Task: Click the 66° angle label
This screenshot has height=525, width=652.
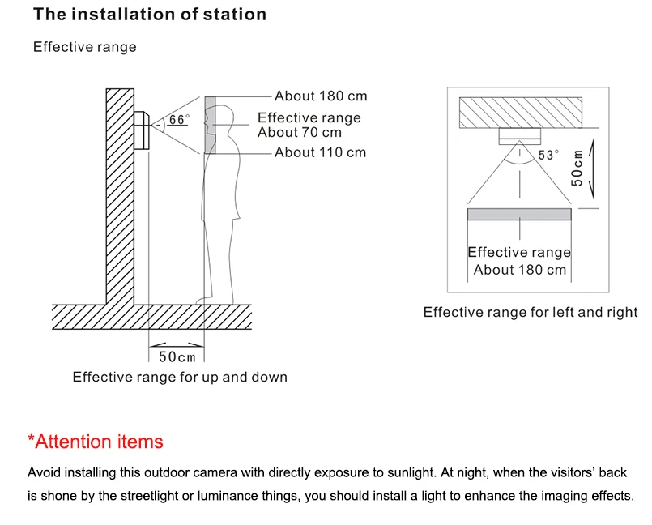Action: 179,120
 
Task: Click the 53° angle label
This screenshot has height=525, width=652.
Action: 548,156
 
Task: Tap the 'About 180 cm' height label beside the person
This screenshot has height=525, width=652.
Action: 321,96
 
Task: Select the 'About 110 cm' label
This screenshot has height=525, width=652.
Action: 320,152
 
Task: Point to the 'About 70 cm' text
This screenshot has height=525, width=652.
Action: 300,132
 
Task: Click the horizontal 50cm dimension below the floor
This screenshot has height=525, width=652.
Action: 177,356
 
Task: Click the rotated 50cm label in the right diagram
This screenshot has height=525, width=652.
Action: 577,168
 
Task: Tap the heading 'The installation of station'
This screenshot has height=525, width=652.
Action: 150,14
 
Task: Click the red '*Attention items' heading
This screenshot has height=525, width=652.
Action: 96,442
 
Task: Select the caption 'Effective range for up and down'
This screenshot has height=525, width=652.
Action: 180,377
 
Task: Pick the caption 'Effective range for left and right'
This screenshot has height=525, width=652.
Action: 531,312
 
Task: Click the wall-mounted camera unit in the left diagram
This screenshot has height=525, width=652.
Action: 142,130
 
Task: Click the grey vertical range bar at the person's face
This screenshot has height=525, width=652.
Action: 210,126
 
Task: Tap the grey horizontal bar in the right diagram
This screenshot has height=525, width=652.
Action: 519,214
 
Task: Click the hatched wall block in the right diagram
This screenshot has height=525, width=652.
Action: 521,113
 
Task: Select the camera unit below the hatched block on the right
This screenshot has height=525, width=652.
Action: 520,136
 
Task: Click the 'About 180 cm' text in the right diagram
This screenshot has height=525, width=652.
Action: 520,270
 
